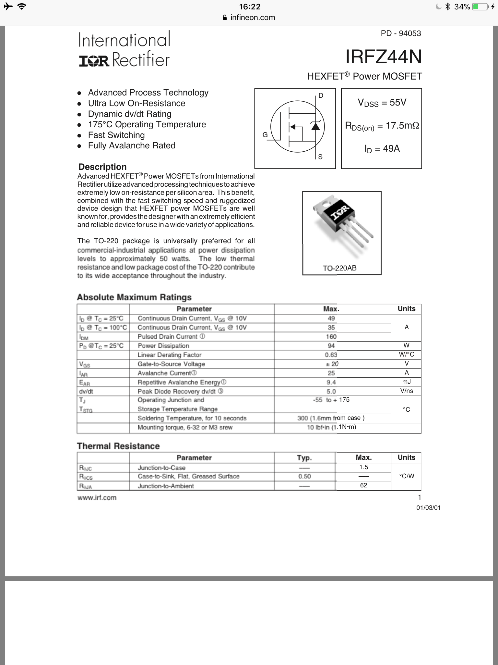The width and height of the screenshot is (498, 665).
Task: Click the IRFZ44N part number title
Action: click(x=383, y=57)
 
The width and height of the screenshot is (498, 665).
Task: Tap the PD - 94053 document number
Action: click(x=401, y=33)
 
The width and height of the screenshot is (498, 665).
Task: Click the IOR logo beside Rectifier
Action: click(x=94, y=61)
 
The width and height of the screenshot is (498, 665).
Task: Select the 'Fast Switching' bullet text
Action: click(x=116, y=135)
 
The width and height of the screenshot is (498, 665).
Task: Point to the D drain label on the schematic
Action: click(x=321, y=95)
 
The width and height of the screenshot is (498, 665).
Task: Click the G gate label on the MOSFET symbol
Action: click(x=265, y=135)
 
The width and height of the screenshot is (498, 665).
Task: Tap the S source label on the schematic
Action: click(x=320, y=157)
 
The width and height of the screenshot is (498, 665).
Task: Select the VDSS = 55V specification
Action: click(x=382, y=103)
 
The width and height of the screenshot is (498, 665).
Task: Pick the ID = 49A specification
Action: click(x=382, y=149)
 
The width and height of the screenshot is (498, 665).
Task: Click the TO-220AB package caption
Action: click(x=339, y=268)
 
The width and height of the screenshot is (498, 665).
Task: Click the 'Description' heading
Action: click(x=102, y=167)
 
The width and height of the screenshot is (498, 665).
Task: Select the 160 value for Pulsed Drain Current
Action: click(x=331, y=337)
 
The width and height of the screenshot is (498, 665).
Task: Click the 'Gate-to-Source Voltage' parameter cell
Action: click(x=171, y=364)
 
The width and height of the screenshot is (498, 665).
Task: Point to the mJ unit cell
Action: click(x=407, y=382)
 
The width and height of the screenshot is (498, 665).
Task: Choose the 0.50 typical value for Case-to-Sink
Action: click(x=304, y=476)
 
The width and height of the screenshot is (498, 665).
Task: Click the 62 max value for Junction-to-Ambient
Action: click(x=363, y=485)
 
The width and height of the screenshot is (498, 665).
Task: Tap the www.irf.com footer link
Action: click(x=97, y=498)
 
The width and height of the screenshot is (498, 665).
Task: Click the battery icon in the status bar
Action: click(x=480, y=7)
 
